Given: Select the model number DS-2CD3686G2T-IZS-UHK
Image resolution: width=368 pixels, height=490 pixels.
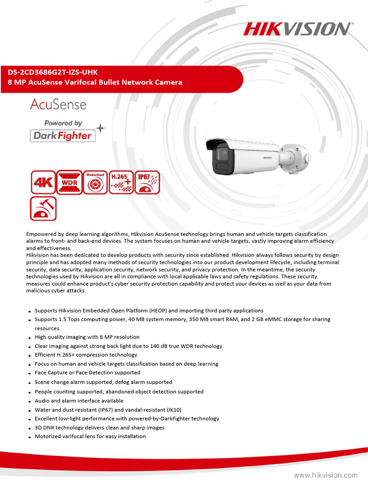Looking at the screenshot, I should click(x=52, y=72).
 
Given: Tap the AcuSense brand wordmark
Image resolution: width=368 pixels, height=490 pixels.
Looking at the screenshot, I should click(x=58, y=104).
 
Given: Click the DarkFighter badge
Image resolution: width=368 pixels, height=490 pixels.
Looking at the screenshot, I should click(x=63, y=136).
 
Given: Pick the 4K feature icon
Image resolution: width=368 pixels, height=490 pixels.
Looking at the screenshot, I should click(x=43, y=182).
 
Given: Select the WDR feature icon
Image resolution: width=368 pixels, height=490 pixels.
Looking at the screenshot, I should click(x=69, y=182).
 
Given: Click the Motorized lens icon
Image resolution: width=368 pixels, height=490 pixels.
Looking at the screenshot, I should click(x=95, y=182).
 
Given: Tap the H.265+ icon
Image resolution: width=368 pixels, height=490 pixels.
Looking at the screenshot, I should click(x=121, y=182).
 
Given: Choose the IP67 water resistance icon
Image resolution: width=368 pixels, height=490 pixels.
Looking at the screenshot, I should click(x=147, y=182).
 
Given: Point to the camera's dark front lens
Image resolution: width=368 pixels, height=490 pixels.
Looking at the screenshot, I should click(x=222, y=158).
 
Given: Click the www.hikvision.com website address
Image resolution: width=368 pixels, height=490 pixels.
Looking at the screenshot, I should click(x=325, y=475).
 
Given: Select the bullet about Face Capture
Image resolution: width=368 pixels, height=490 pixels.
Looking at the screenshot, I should click(x=88, y=373).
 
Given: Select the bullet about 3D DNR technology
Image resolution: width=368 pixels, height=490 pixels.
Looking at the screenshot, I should click(x=99, y=428).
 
